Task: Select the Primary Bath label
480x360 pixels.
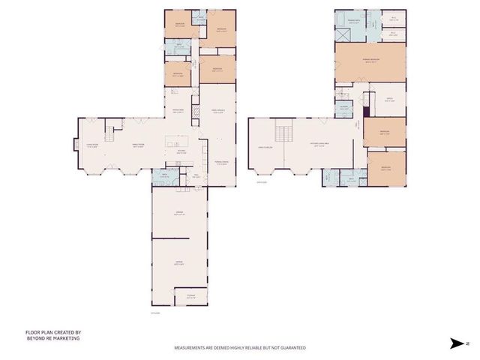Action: (345, 19)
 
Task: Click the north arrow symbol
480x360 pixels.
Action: (458, 343)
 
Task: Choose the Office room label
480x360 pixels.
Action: (391, 100)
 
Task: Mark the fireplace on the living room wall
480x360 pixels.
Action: (75, 146)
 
